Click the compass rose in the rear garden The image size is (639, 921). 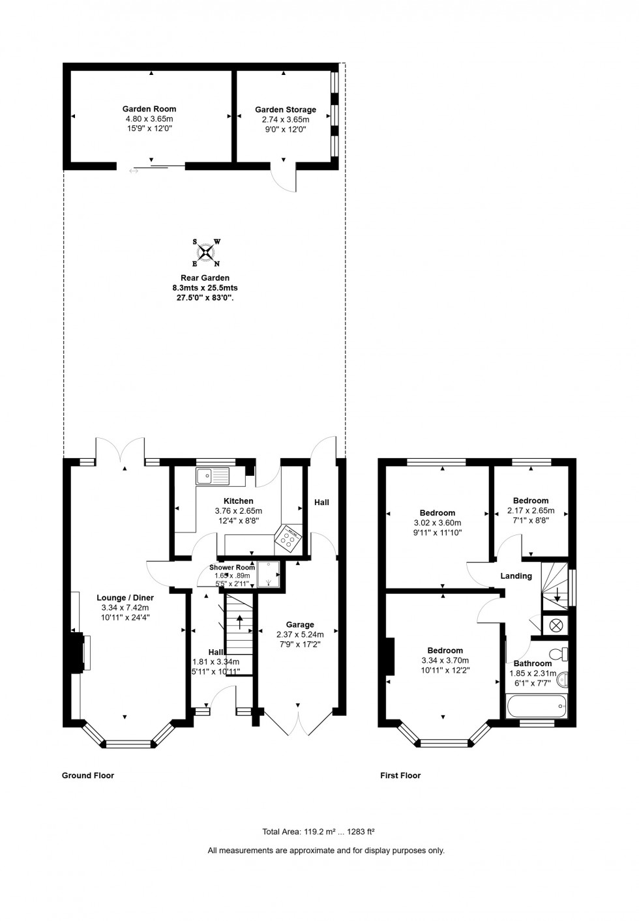pyautogui.click(x=206, y=253)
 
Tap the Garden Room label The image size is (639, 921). pyautogui.click(x=149, y=109)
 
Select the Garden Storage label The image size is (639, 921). pyautogui.click(x=285, y=110)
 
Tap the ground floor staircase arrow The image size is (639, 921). pyautogui.click(x=239, y=622)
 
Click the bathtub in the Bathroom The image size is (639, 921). pyautogui.click(x=537, y=705)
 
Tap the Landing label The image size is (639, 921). pyautogui.click(x=516, y=576)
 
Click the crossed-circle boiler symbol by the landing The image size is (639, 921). pyautogui.click(x=556, y=625)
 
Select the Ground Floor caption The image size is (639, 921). pyautogui.click(x=88, y=775)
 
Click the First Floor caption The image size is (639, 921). pyautogui.click(x=400, y=775)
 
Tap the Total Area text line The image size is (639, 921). pyautogui.click(x=318, y=832)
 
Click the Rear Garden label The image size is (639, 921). pyautogui.click(x=205, y=278)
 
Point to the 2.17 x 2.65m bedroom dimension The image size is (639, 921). pyautogui.click(x=531, y=510)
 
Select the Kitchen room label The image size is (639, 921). pyautogui.click(x=239, y=501)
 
